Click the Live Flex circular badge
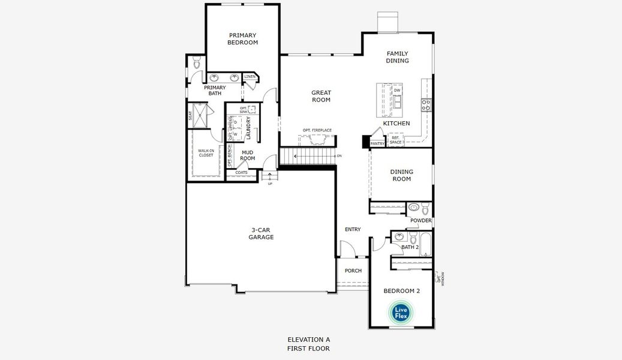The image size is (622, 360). coord(401,312)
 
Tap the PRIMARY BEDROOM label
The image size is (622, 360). coord(242,39)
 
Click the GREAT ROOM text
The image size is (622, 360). coord(321,96)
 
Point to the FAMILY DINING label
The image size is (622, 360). coord(397,57)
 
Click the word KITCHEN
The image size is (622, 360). coord(396,123)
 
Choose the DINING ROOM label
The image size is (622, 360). coord(402,175)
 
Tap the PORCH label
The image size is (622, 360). coord(353,271)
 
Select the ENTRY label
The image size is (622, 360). coord(353,229)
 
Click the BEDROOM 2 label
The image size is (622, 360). coord(401,291)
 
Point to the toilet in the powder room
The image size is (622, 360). coord(425,209)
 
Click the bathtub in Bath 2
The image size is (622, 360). coord(425,245)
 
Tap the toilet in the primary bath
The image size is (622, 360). coord(197,64)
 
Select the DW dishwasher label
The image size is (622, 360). coord(397,91)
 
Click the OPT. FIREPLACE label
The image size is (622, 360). coord(317,130)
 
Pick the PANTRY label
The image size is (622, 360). coord(377,143)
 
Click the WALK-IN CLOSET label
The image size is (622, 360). coord(206,152)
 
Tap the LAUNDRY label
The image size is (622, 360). coord(248,128)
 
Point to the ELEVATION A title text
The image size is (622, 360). coord(308,339)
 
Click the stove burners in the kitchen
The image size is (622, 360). coord(426,104)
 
